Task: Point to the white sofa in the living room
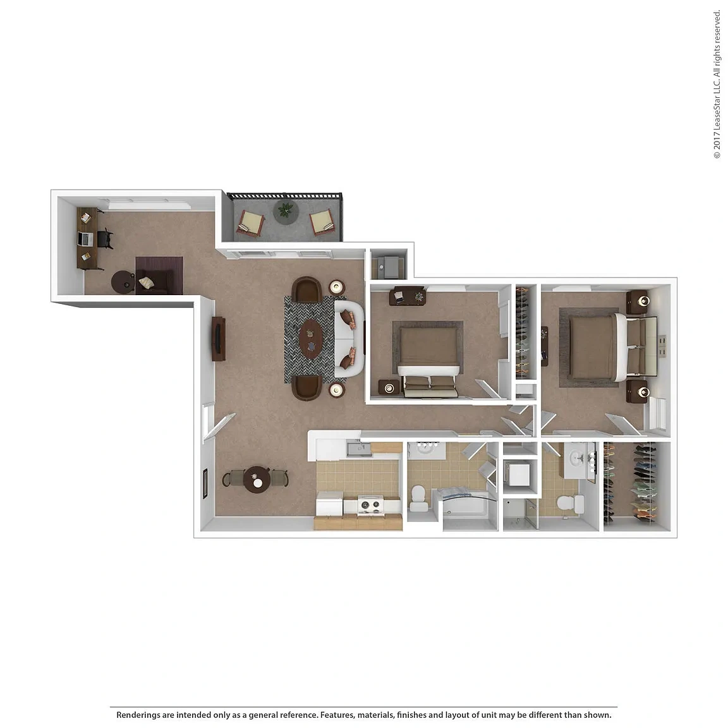(x=349, y=339)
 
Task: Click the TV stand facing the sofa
(x=219, y=339)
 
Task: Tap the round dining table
(x=257, y=480)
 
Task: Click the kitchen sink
(x=358, y=449)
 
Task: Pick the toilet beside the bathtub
(x=419, y=497)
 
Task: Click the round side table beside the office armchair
(x=123, y=282)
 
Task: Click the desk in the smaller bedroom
(x=407, y=295)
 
